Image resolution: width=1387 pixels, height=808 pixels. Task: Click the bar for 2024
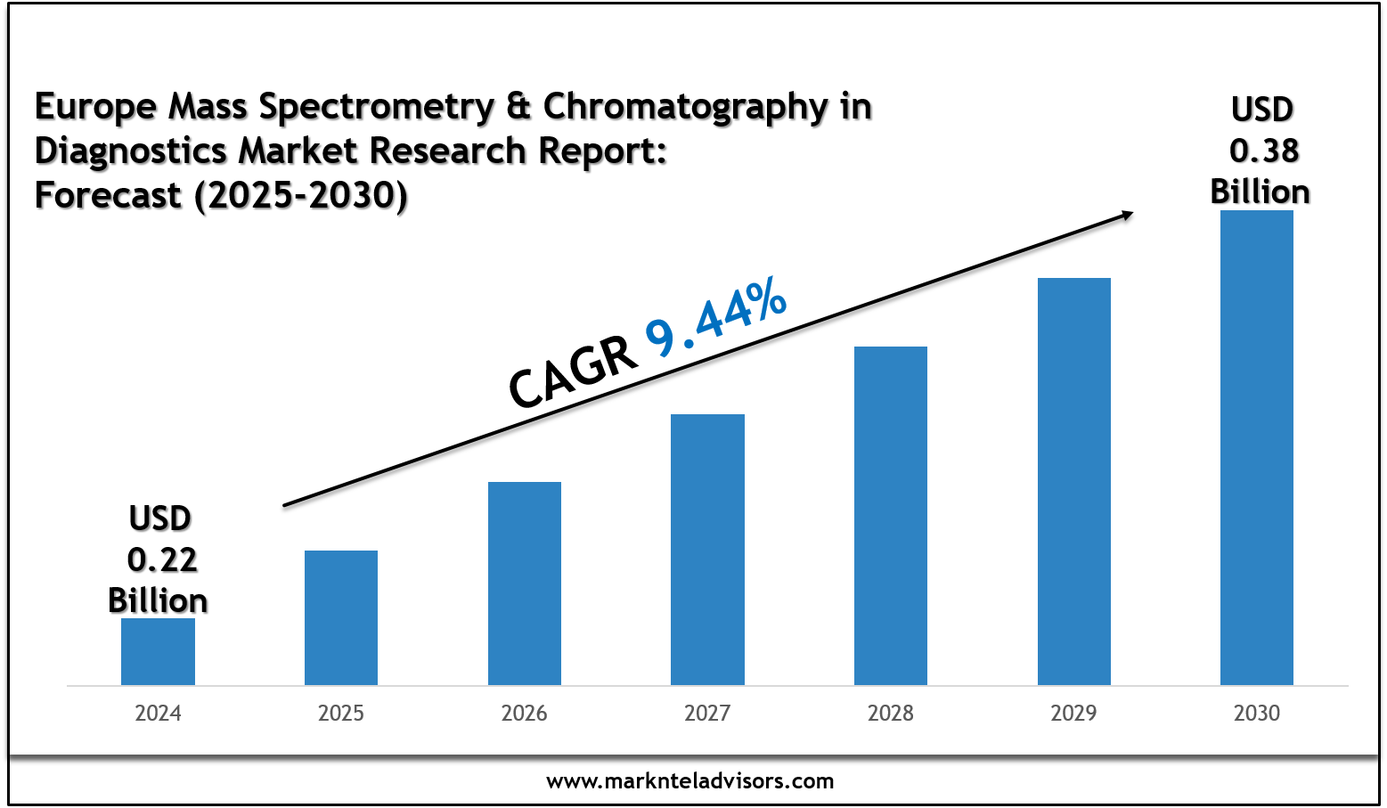[x=158, y=651]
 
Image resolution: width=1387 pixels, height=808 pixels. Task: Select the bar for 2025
[x=341, y=617]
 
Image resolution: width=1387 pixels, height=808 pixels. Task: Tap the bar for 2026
[x=525, y=584]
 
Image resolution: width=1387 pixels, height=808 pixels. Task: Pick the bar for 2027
[x=707, y=550]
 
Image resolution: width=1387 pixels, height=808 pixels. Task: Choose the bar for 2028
[x=891, y=516]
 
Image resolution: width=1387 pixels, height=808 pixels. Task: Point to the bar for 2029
[x=1074, y=481]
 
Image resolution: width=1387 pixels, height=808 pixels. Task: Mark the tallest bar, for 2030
[x=1257, y=447]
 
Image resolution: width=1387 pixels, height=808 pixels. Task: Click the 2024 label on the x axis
[x=158, y=714]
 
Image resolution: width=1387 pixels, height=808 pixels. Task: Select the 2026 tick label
[x=525, y=714]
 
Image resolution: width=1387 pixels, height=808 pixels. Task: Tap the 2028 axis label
[x=891, y=714]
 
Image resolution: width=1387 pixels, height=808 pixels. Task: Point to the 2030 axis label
[x=1257, y=714]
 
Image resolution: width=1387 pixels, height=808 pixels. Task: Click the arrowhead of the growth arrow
[x=1127, y=215]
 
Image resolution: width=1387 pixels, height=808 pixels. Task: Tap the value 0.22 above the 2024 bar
[x=162, y=560]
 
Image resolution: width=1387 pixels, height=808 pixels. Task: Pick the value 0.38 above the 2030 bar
[x=1264, y=151]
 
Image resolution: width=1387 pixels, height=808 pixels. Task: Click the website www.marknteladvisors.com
[x=690, y=781]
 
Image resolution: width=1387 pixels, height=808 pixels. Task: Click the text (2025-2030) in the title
[x=301, y=195]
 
